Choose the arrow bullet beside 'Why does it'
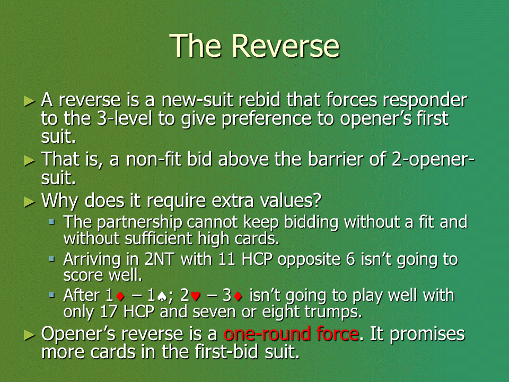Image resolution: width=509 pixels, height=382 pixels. (29, 202)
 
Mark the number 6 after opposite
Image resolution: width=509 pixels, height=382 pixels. (350, 259)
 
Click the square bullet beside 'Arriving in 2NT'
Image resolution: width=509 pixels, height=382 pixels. (51, 259)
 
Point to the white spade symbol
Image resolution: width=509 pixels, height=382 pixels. (162, 296)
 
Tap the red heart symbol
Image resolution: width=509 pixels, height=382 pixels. (196, 296)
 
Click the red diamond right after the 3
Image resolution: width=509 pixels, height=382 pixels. (238, 296)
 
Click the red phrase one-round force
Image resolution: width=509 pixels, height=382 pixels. (292, 334)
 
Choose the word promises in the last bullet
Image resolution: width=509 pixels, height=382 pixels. (427, 334)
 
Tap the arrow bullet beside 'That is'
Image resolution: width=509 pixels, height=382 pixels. (29, 160)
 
